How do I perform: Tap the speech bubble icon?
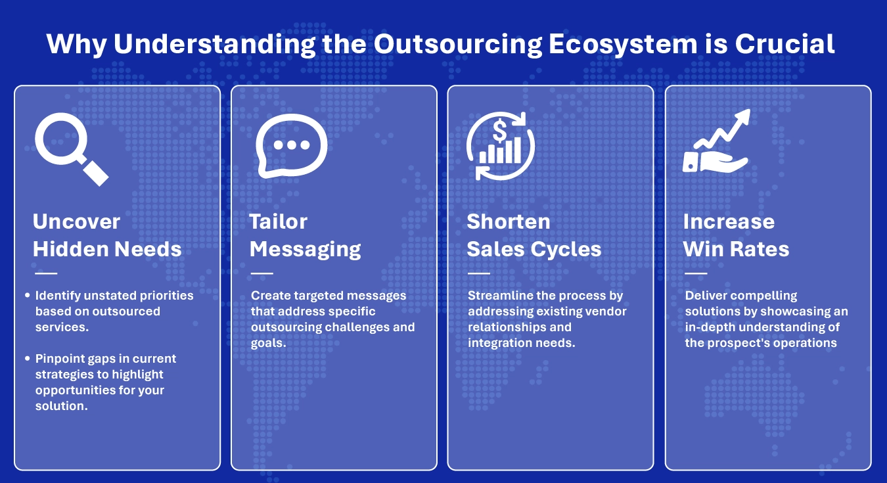291,146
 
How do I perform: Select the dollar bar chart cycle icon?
500,145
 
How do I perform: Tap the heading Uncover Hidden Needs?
107,235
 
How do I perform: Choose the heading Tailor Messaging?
305,235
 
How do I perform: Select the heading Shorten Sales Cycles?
534,235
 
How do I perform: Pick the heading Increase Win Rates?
736,235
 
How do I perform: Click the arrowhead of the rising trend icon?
743,118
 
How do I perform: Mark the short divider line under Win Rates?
696,273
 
